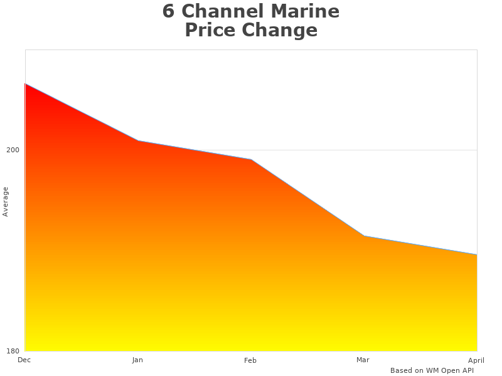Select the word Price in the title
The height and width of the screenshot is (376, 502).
(210, 30)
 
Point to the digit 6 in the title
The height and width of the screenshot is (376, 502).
(168, 11)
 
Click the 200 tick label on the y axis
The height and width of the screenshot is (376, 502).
(13, 150)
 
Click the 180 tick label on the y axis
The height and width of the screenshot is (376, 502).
(13, 351)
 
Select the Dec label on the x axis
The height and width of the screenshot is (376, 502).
(24, 360)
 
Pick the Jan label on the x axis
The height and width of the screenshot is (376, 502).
(137, 360)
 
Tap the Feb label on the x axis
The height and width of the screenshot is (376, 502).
(250, 360)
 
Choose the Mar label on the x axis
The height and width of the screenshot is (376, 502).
(363, 360)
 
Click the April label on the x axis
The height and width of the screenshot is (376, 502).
(476, 360)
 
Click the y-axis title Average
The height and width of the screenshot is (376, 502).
(6, 202)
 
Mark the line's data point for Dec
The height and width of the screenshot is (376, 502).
(25, 83)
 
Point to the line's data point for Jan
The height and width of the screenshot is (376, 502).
(138, 140)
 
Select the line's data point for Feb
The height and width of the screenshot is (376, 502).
(251, 159)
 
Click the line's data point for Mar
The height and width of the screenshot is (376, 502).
(364, 236)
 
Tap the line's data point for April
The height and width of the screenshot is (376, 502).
(477, 254)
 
